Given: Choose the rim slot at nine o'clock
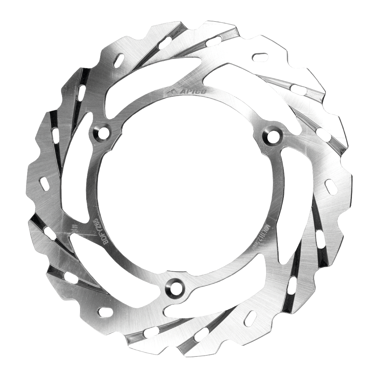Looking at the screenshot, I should click(x=44, y=184).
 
